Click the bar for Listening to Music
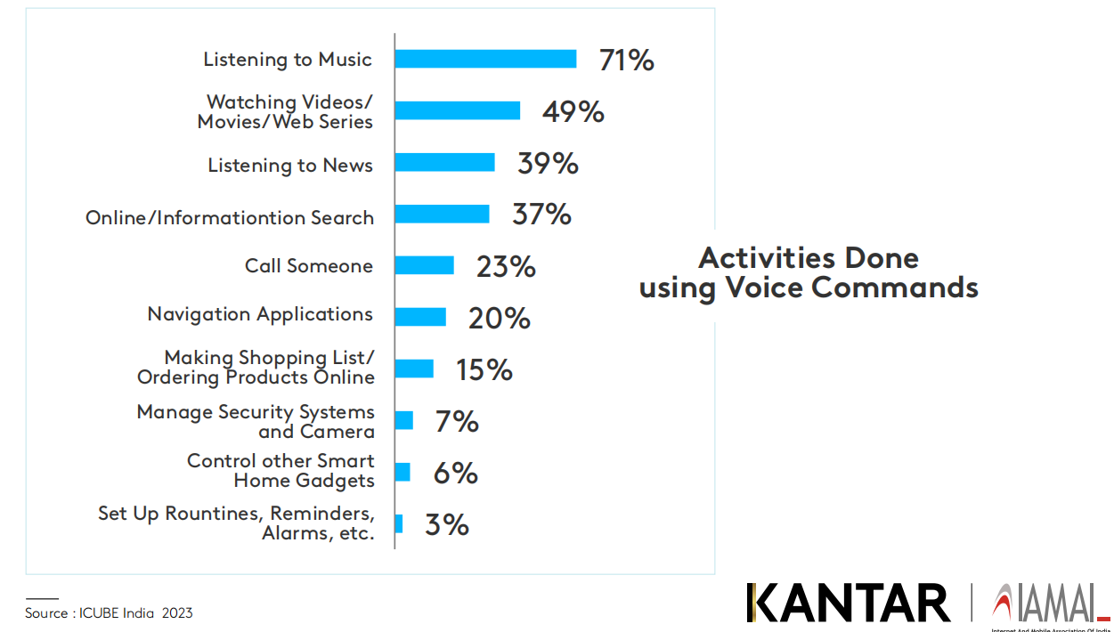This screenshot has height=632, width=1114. tap(485, 59)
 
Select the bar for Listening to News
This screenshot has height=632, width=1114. tap(444, 163)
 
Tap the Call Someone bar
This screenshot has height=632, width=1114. tap(424, 265)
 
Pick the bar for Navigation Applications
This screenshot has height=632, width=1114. tap(420, 317)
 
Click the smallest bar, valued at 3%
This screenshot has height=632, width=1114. tap(399, 523)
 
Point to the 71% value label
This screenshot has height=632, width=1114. tap(627, 61)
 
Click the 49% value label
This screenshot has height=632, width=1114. tap(573, 112)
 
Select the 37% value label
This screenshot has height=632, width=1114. tap(541, 215)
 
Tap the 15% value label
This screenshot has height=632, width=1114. tap(484, 369)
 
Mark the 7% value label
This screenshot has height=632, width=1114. tap(457, 421)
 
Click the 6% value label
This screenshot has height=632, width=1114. tap(455, 473)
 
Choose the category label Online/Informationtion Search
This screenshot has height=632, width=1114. tap(230, 218)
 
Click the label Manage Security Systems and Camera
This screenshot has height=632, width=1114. tap(256, 422)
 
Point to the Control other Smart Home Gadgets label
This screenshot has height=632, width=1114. tap(281, 471)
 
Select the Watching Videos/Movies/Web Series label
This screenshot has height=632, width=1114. tap(285, 112)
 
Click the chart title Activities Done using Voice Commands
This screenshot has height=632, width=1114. tap(809, 273)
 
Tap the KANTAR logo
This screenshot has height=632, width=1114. tap(848, 603)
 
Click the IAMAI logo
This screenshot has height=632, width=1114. tap(1046, 604)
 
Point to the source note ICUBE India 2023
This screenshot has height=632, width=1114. tap(109, 613)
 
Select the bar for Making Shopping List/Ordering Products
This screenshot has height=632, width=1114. tap(414, 369)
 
